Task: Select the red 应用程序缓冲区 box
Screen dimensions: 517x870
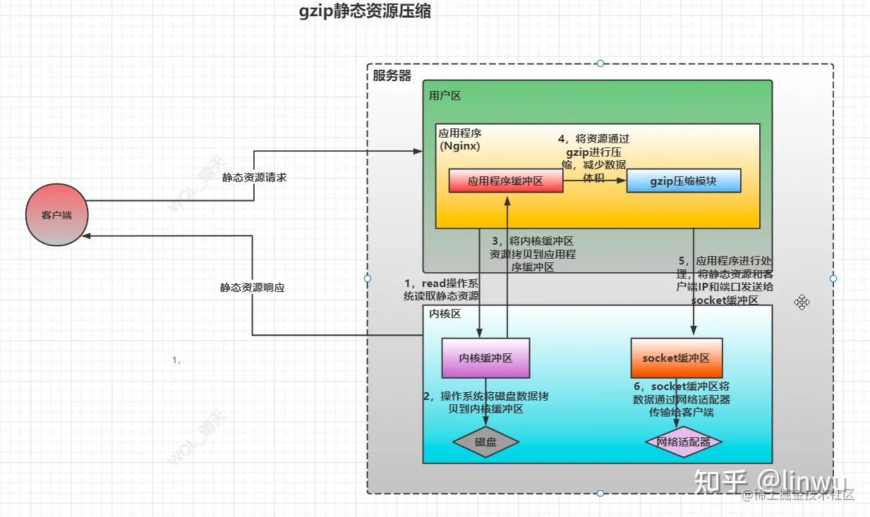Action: (x=505, y=181)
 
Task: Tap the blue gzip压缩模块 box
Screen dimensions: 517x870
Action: (x=683, y=181)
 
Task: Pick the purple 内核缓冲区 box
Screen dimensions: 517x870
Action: (x=485, y=358)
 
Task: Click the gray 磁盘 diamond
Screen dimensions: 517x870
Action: (x=485, y=442)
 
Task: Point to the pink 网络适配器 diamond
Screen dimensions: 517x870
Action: (x=684, y=442)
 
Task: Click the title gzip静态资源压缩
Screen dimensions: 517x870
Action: (x=365, y=12)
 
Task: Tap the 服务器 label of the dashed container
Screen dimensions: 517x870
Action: (x=392, y=75)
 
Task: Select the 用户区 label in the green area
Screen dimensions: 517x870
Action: (x=445, y=95)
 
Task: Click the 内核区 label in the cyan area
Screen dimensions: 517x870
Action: (x=445, y=314)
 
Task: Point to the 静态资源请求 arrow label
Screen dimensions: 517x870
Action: (x=255, y=178)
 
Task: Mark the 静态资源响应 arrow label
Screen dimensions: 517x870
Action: (x=253, y=288)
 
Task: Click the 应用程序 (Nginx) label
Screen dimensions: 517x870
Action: (x=460, y=139)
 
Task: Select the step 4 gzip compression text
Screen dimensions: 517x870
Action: (x=593, y=158)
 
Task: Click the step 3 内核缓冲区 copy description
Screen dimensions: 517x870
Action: (x=532, y=254)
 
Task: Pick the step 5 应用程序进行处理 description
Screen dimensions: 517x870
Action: (x=724, y=280)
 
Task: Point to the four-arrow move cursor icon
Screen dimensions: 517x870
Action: (x=802, y=303)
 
